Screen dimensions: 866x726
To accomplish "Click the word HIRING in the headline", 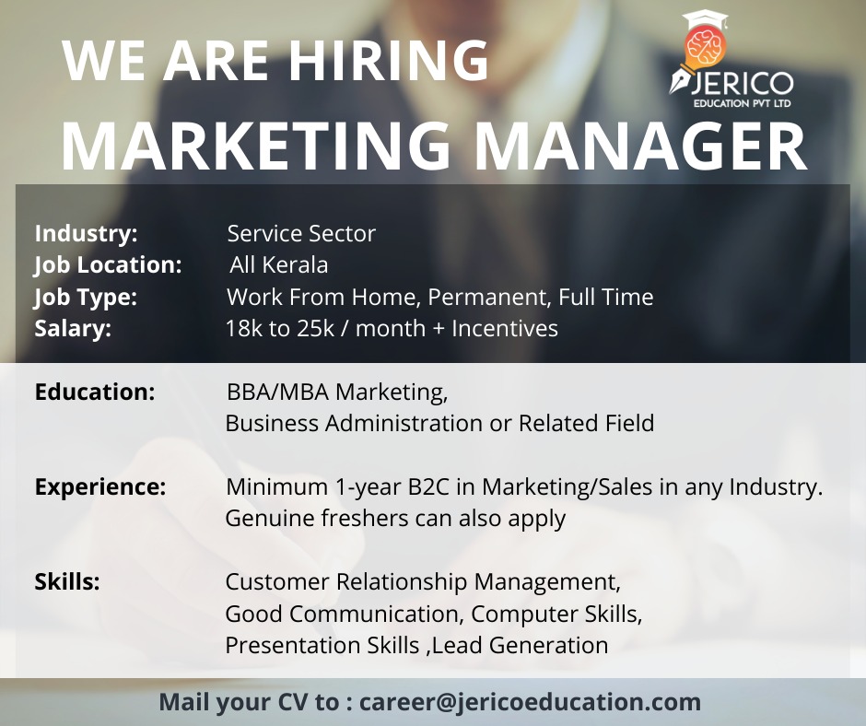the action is [x=389, y=60].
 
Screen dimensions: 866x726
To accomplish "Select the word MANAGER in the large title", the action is [x=640, y=145].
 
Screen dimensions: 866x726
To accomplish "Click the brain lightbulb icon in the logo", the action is [x=704, y=47].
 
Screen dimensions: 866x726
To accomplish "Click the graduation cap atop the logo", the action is [x=706, y=20].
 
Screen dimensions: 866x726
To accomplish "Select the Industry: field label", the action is [x=87, y=233].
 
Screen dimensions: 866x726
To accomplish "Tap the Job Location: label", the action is [x=109, y=264].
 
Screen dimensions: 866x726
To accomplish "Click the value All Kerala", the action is [x=279, y=264].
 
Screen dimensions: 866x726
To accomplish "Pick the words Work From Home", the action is [x=321, y=297].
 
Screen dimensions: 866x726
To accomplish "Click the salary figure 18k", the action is [x=243, y=328].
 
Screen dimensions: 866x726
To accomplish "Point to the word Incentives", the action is [x=505, y=328].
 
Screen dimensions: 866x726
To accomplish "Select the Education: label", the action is [x=95, y=392].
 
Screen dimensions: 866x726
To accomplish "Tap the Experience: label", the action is [x=100, y=486].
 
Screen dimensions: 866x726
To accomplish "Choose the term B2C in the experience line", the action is [x=429, y=486].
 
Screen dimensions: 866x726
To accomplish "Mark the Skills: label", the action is [x=67, y=581].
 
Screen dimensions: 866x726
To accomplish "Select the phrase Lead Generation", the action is [x=520, y=645].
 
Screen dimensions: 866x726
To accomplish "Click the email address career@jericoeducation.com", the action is [x=531, y=702].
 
